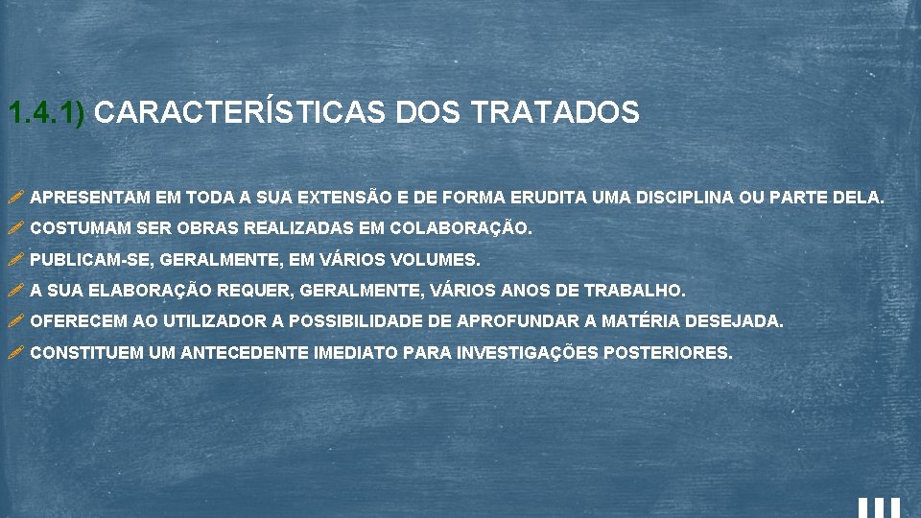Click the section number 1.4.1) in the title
pos(47,113)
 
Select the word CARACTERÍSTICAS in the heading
pos(240,113)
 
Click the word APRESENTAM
pos(90,198)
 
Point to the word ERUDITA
pos(552,198)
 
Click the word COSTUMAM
pos(82,229)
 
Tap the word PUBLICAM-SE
pos(92,260)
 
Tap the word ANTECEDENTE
pos(245,353)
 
